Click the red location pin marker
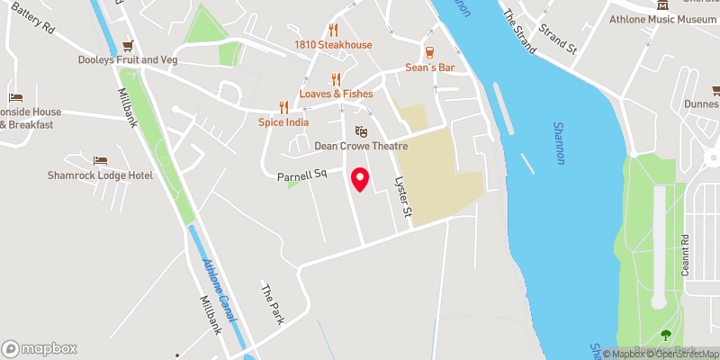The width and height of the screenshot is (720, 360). [360, 180]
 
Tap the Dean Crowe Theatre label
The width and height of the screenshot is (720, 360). [361, 146]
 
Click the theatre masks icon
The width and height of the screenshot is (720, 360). [361, 130]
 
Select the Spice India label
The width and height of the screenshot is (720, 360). [283, 121]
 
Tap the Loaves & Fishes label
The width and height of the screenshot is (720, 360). [337, 94]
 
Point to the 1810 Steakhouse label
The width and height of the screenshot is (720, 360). [332, 45]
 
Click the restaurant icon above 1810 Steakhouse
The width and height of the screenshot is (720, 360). [333, 29]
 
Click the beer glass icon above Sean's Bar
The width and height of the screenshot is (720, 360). [429, 52]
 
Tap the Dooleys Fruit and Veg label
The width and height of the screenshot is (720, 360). [127, 61]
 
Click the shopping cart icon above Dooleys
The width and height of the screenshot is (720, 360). [128, 45]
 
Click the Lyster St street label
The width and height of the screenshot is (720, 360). [403, 197]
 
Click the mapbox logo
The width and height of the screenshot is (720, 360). [40, 348]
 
